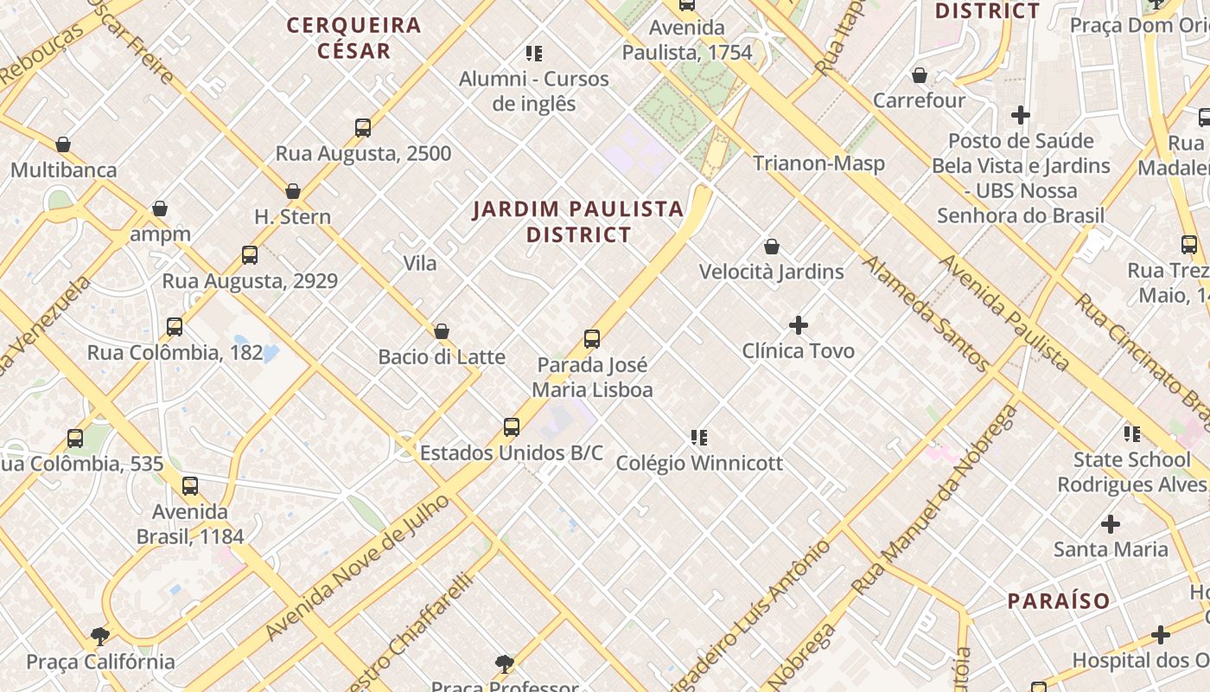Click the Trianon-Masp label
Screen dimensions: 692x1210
coord(818,163)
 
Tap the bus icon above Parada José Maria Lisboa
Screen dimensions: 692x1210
coord(592,338)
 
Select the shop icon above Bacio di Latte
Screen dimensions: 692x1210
coord(442,331)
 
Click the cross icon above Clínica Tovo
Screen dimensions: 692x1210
coord(799,325)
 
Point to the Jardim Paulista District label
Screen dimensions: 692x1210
coord(578,221)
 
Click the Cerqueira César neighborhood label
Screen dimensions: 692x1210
coord(353,37)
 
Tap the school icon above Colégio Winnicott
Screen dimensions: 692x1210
coord(699,438)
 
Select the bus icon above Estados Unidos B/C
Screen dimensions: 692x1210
coord(512,427)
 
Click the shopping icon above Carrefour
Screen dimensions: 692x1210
coord(920,76)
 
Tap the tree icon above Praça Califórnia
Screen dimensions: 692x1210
coord(100,637)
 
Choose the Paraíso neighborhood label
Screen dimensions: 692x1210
coord(1058,600)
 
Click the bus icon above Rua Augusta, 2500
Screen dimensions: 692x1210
coord(363,128)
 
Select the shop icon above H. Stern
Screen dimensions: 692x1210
coord(293,191)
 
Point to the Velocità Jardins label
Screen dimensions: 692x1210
coord(771,271)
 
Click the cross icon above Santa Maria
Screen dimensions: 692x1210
coord(1111,523)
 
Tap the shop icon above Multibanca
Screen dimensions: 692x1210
coord(63,144)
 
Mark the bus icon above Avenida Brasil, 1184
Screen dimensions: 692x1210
coord(190,486)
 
